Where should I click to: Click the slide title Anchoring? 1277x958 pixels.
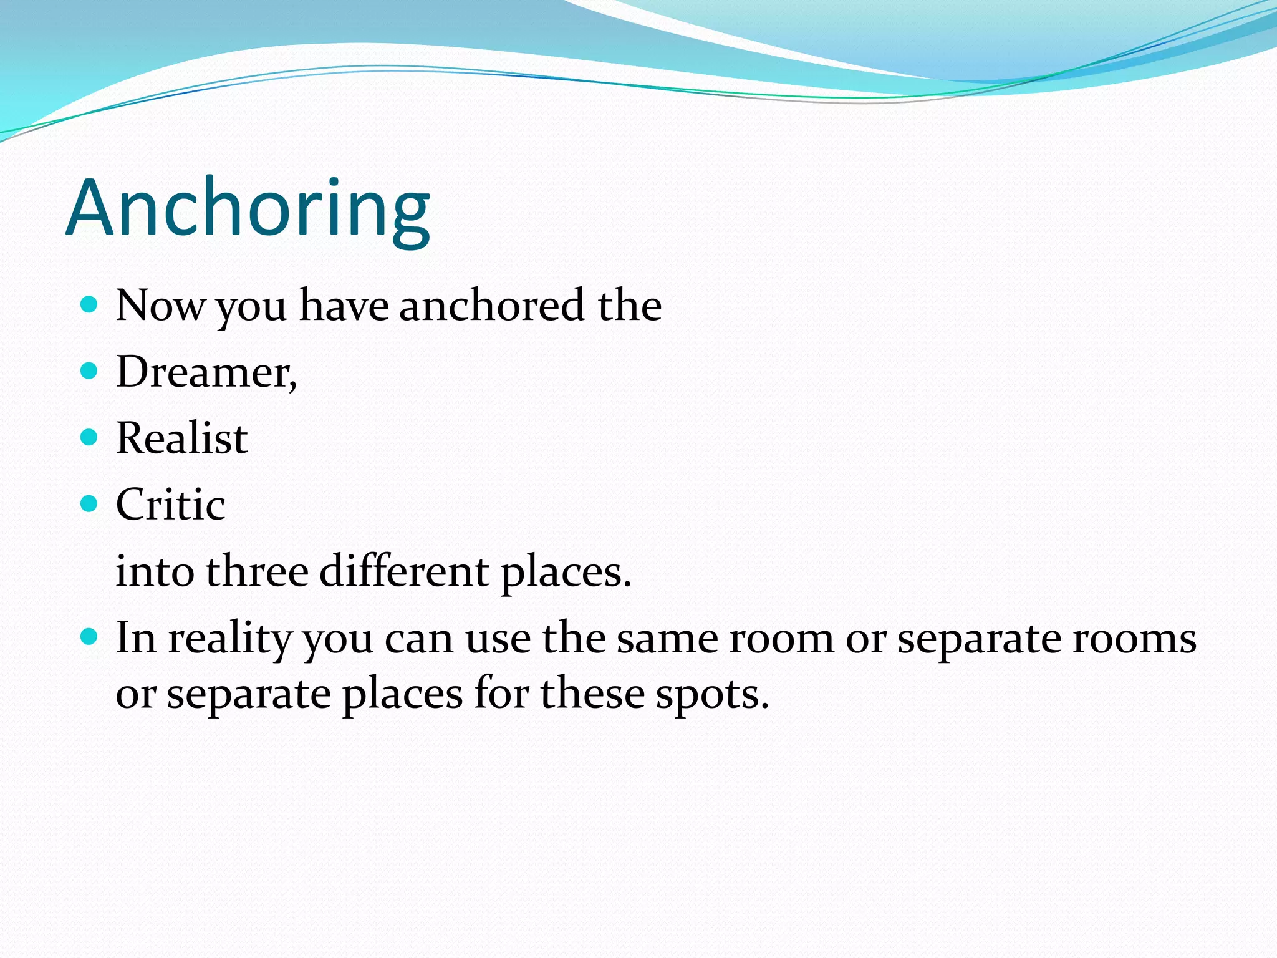tap(248, 209)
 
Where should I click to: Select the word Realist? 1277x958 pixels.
tap(181, 438)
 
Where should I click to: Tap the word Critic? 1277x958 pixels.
tap(170, 504)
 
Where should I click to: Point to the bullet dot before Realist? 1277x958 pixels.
tap(90, 437)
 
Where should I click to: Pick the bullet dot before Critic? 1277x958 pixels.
tap(90, 503)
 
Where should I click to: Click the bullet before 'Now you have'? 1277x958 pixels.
tap(90, 305)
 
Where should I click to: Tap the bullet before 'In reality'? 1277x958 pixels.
tap(90, 637)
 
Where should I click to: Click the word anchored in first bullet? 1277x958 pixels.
tap(492, 306)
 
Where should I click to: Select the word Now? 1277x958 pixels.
tap(160, 306)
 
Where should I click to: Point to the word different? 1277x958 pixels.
tap(404, 571)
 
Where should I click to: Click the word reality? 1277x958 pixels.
tap(230, 639)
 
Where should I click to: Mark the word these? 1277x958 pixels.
tap(592, 694)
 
